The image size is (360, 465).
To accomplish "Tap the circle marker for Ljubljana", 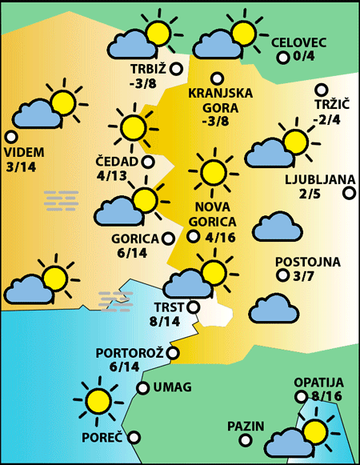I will pos(349,193).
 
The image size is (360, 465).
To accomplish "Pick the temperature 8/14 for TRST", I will pos(166,321).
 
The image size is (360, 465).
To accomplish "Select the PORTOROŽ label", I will pos(130,352).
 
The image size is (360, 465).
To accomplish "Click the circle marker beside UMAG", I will pos(143,389).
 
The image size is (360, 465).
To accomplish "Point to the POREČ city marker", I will pos(134,438).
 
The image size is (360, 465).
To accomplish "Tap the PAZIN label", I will pos(245,426).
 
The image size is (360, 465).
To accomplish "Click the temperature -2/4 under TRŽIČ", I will pos(326,120).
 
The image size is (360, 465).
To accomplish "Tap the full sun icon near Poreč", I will pos(98,401).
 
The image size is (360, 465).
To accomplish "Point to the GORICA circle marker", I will pos(168,238).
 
